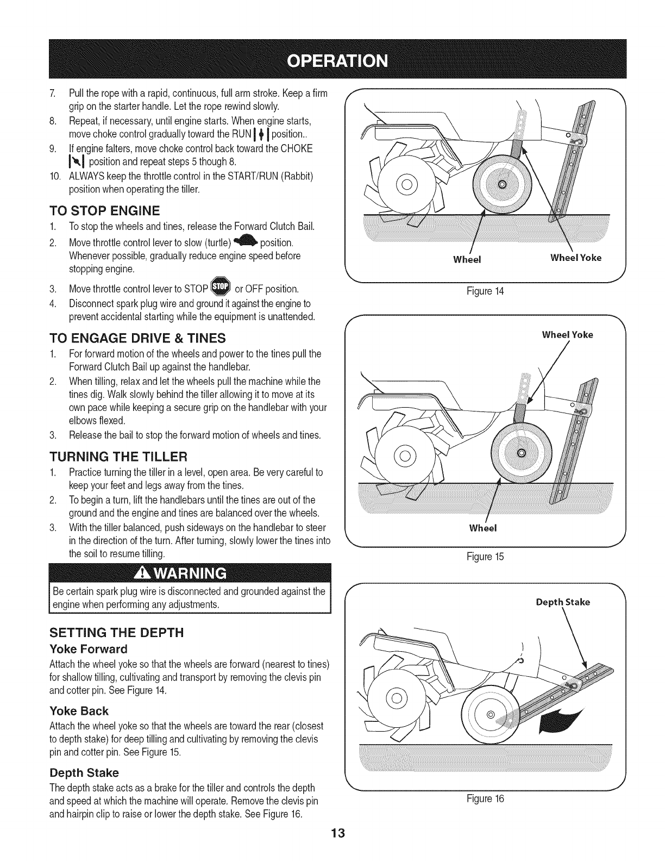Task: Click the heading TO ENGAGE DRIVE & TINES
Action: [x=137, y=339]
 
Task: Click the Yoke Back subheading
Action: [x=79, y=711]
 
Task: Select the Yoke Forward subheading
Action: [x=88, y=649]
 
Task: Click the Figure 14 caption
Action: [x=486, y=291]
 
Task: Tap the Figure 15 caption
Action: [x=486, y=556]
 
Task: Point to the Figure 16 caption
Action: [x=486, y=799]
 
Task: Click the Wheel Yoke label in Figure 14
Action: [x=576, y=258]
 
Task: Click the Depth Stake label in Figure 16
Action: [x=563, y=602]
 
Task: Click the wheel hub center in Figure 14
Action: [x=503, y=185]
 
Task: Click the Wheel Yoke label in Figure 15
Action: [x=567, y=335]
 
